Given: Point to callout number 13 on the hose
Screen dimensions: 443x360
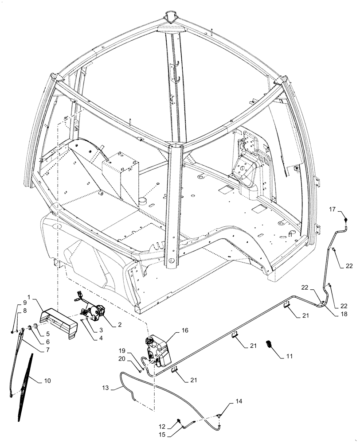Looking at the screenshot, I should (x=105, y=389).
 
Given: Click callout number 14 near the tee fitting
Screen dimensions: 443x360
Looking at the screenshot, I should (x=239, y=402).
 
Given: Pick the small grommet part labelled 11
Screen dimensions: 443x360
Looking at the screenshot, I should (x=269, y=344).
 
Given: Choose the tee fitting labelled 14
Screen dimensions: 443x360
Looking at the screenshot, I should (x=220, y=415).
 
